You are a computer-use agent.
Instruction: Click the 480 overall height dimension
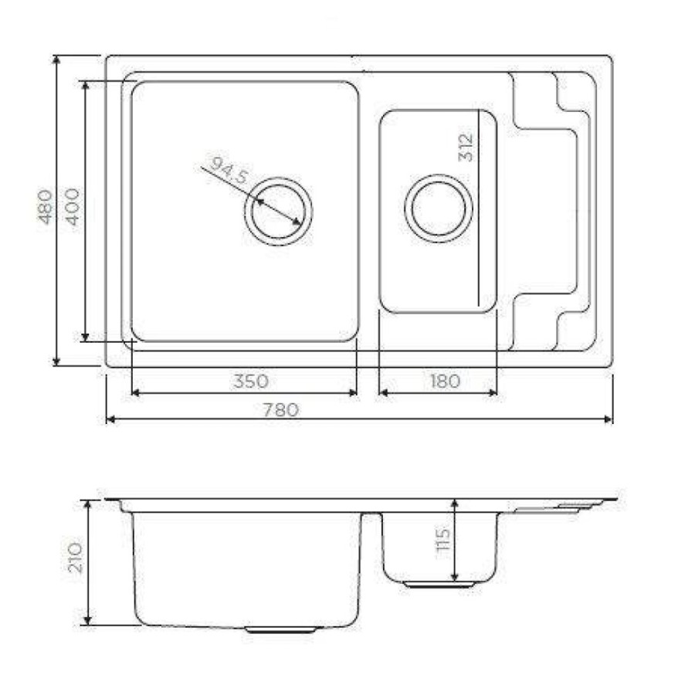click(x=45, y=207)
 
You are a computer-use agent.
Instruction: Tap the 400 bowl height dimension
click(x=73, y=207)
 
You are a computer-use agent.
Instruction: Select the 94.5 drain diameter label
click(x=229, y=170)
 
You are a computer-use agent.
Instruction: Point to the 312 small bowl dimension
click(x=466, y=147)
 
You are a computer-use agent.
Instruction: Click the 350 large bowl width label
click(x=251, y=381)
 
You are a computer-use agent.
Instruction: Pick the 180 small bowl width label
click(x=445, y=381)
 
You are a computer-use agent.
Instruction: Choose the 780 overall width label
click(x=281, y=410)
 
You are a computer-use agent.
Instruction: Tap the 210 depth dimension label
click(x=75, y=557)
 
